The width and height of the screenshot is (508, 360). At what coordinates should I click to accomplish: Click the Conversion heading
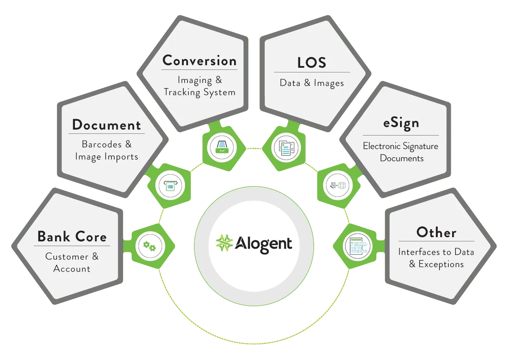[199, 61]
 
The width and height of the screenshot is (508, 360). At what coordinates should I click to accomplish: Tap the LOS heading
[311, 63]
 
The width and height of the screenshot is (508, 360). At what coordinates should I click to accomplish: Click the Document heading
[106, 125]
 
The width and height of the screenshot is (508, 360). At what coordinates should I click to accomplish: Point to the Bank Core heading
[72, 236]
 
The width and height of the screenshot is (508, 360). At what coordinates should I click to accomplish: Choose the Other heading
[436, 233]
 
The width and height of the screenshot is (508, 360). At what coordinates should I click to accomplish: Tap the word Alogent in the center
[264, 244]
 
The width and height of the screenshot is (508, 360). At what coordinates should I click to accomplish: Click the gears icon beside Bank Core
[149, 245]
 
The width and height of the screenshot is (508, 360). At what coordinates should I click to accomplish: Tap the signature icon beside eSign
[337, 185]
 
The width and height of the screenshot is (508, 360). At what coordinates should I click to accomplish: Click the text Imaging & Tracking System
[199, 86]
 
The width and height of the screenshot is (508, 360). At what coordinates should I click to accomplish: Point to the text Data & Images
[312, 83]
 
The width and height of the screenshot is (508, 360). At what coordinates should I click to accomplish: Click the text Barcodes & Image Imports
[106, 150]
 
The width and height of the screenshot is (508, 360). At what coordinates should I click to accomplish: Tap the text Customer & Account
[72, 262]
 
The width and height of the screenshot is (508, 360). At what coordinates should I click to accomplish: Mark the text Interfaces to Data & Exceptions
[436, 258]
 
